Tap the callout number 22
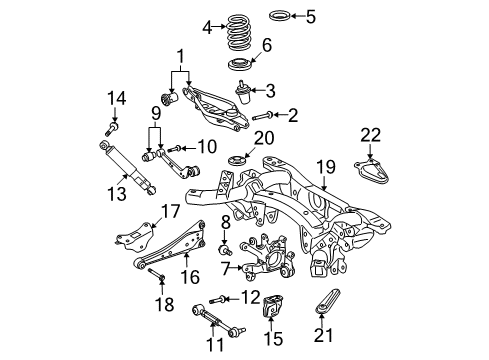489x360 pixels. [370, 135]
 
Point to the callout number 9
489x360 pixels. [155, 110]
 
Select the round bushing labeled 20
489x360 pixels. [238, 163]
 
